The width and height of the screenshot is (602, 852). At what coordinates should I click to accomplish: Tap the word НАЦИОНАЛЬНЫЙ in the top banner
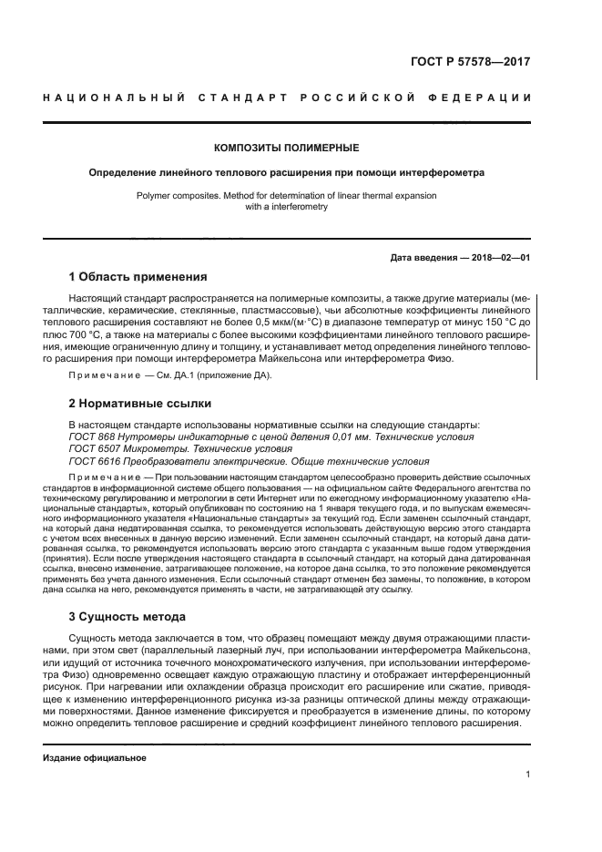coord(116,98)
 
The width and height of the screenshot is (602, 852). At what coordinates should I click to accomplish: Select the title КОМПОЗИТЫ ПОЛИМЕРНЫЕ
coord(286,148)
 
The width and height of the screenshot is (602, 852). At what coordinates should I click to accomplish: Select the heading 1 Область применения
coord(138,277)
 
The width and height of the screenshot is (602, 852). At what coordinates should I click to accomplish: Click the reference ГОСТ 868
coord(91,437)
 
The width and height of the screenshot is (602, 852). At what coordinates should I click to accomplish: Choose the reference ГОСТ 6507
coord(94,449)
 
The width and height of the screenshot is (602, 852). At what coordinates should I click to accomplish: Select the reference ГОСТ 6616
coord(94,461)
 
